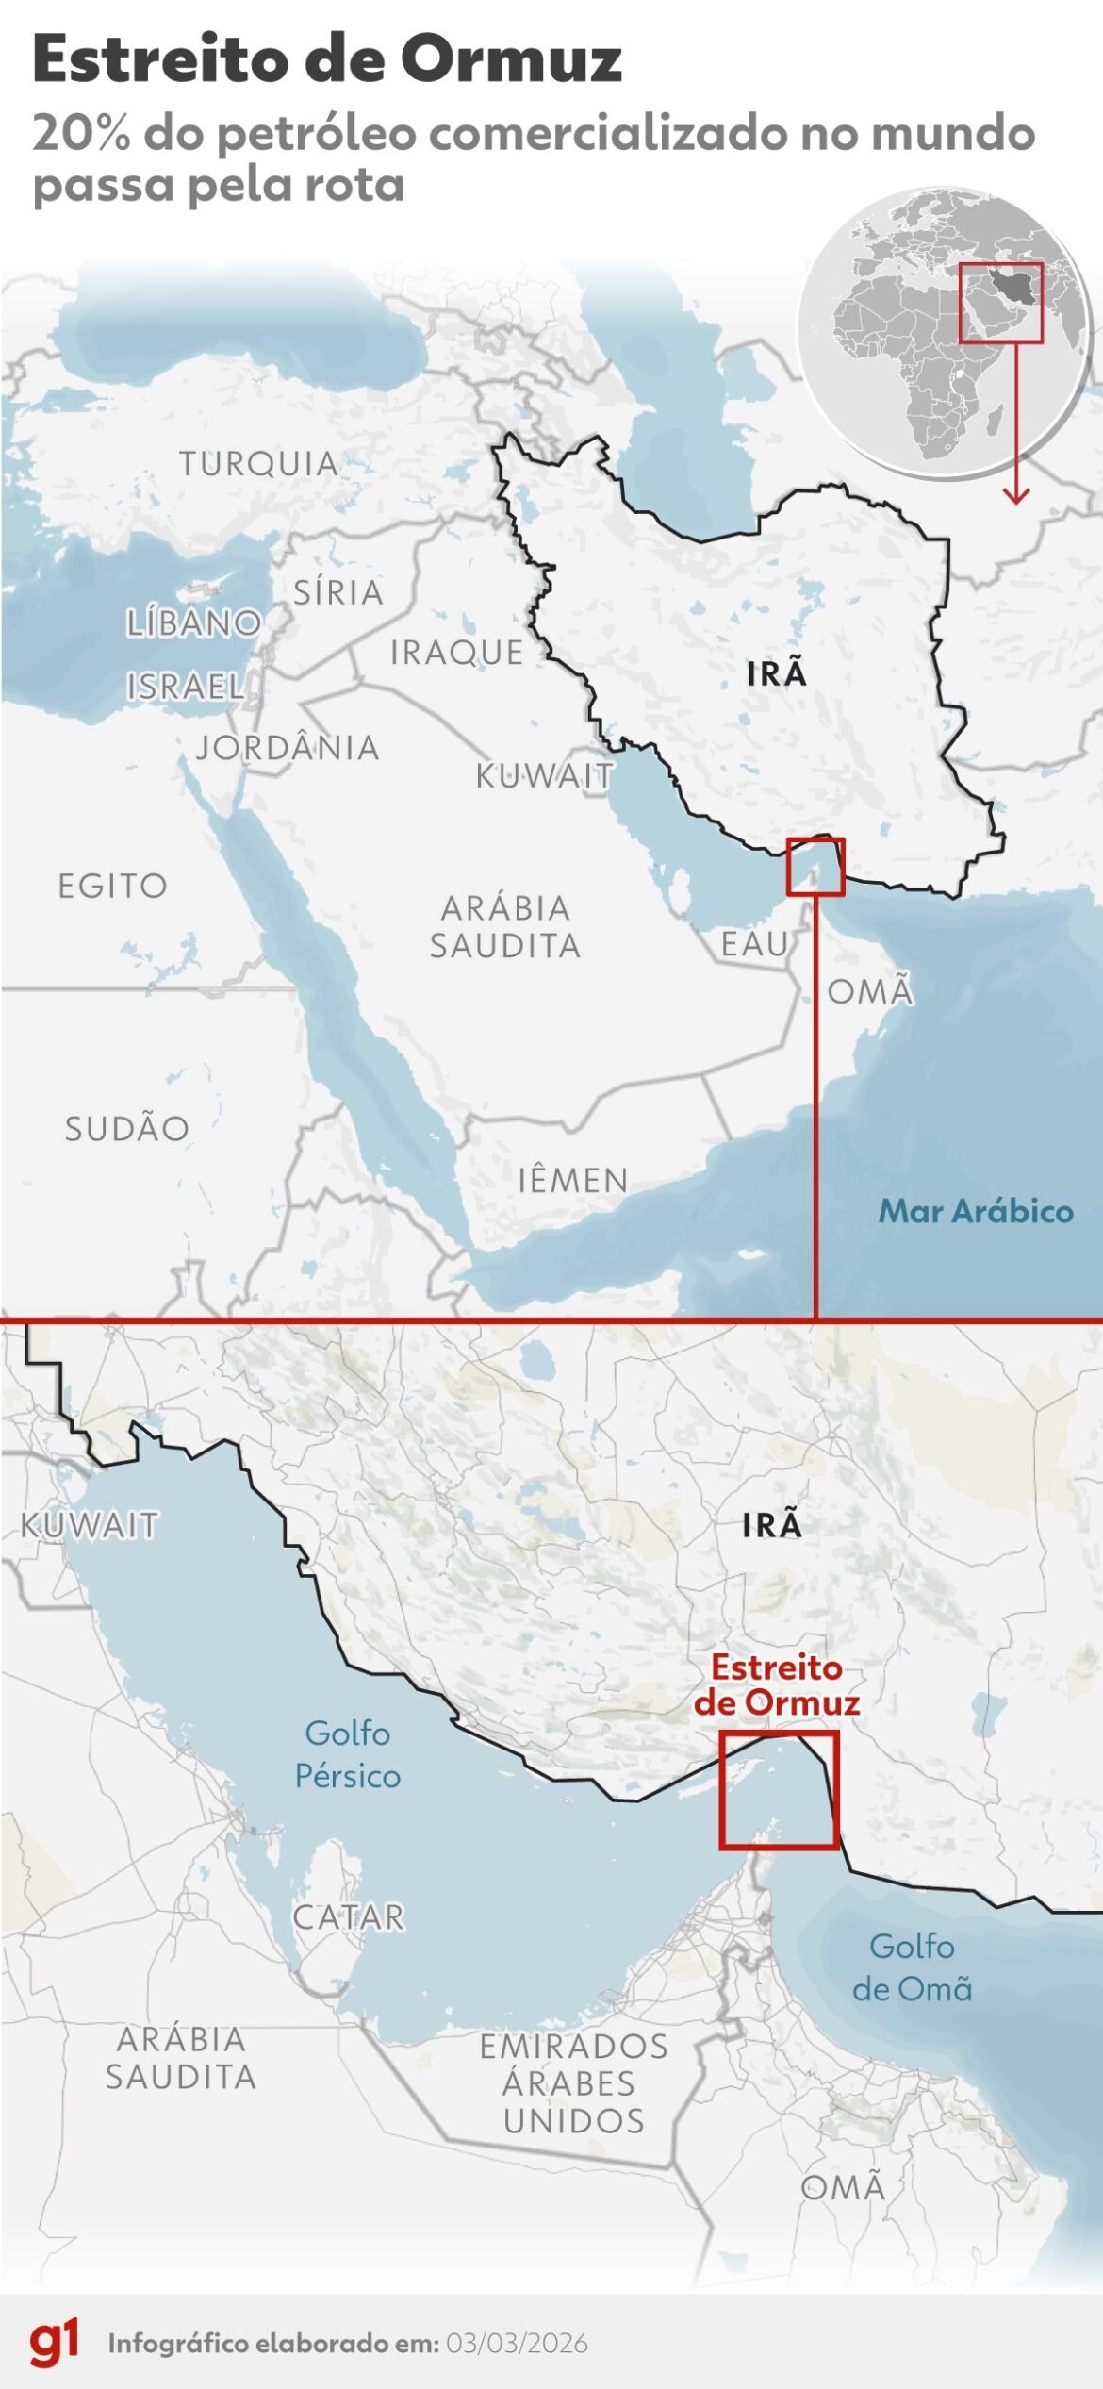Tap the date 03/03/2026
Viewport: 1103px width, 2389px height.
pyautogui.click(x=517, y=2344)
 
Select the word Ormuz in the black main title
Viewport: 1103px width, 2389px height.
pyautogui.click(x=511, y=60)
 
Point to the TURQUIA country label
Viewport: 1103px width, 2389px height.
pyautogui.click(x=259, y=464)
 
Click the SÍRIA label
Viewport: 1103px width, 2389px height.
pyautogui.click(x=338, y=592)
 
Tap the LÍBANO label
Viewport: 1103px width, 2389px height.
pyautogui.click(x=194, y=623)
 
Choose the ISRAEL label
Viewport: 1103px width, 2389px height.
pyautogui.click(x=186, y=686)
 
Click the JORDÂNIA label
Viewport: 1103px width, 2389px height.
pyautogui.click(x=288, y=748)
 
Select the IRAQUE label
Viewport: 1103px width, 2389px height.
pyautogui.click(x=457, y=652)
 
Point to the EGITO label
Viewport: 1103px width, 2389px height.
pyautogui.click(x=113, y=886)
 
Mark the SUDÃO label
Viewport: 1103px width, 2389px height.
pyautogui.click(x=127, y=1128)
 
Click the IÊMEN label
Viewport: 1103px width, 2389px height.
pyautogui.click(x=572, y=1180)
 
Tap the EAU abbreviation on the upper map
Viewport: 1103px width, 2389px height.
pyautogui.click(x=754, y=943)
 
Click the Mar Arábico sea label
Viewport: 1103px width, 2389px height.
pyautogui.click(x=976, y=1211)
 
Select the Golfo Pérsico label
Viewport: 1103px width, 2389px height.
pyautogui.click(x=348, y=1754)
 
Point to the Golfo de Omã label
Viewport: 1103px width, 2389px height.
pyautogui.click(x=912, y=1967)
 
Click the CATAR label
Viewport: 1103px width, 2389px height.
pyautogui.click(x=349, y=1917)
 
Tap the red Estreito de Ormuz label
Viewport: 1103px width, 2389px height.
pyautogui.click(x=777, y=1684)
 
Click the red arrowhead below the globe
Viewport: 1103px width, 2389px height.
pyautogui.click(x=1015, y=494)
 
